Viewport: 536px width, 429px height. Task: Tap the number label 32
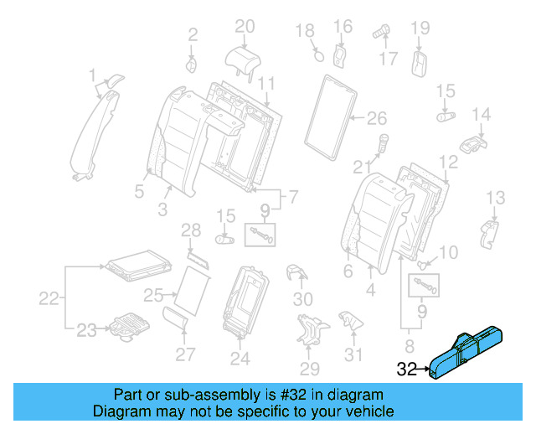[407, 367]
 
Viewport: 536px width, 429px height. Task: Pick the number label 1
[93, 77]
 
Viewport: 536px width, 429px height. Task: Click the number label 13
[496, 197]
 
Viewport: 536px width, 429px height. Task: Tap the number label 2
[193, 34]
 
